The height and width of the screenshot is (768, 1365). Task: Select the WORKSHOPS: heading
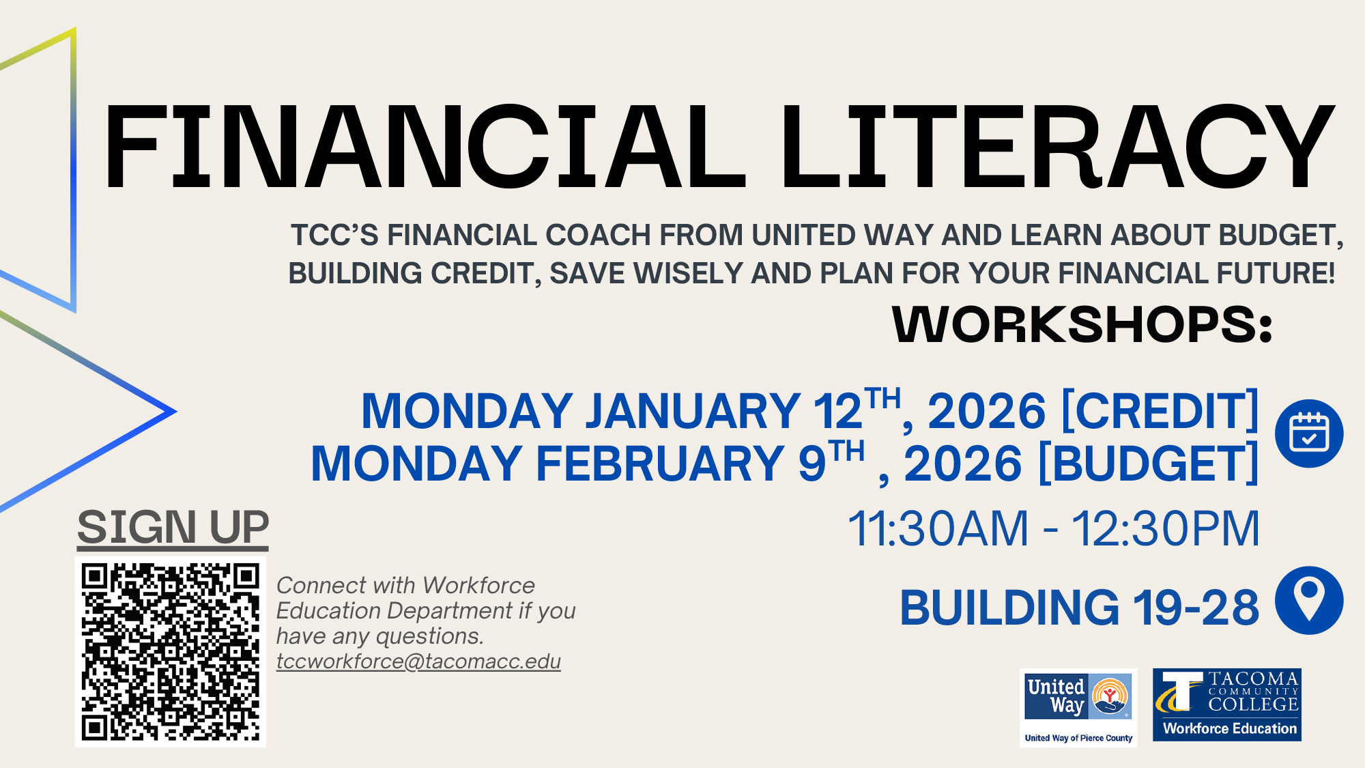coord(1082,324)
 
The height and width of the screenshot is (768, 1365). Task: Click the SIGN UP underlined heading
coord(173,528)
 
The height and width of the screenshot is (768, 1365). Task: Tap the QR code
coord(171,651)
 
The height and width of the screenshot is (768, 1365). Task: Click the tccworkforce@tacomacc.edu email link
coord(418,662)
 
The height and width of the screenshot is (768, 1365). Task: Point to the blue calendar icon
coord(1309,433)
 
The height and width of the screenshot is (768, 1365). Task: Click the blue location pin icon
coord(1309,600)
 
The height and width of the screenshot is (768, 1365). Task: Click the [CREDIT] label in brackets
coord(1160,412)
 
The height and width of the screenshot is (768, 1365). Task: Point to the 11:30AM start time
coord(938,529)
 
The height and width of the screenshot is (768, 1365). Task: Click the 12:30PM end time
coord(1165,529)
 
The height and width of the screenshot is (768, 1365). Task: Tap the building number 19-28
coord(1196,608)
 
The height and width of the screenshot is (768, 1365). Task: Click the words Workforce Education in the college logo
coord(1229,728)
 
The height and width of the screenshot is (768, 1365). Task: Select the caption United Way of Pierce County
coord(1078,738)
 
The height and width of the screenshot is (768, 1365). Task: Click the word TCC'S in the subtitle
coord(334,236)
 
